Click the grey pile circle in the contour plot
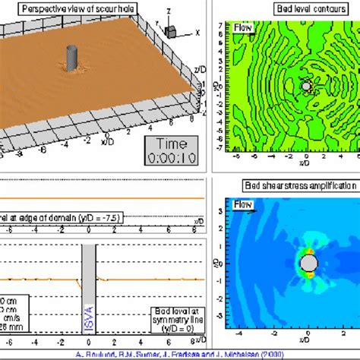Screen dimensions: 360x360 click(307, 87)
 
